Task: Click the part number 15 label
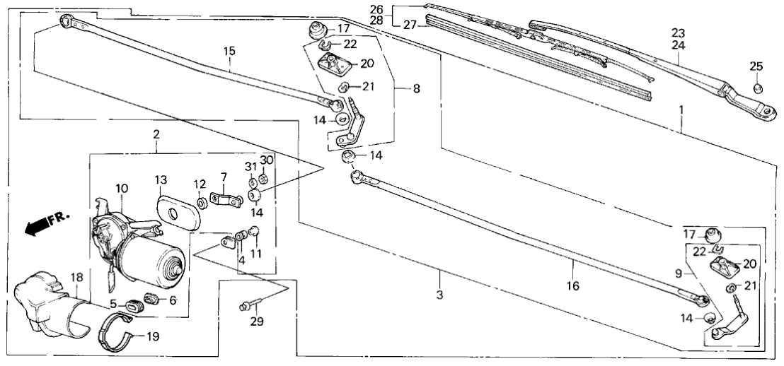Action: coord(229,51)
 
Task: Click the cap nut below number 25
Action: coord(756,88)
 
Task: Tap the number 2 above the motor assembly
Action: coord(156,134)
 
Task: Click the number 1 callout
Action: coord(681,110)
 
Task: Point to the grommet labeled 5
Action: coord(134,306)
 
